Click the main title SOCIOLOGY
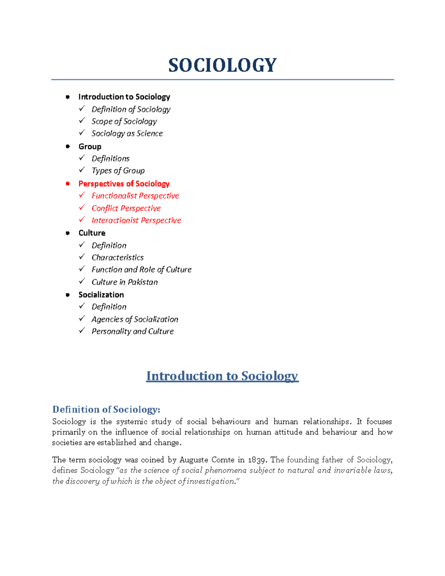click(222, 65)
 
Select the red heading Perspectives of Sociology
click(124, 184)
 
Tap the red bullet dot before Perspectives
click(67, 184)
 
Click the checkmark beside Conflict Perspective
click(82, 208)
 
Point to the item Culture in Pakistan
click(125, 282)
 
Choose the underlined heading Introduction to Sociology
click(222, 376)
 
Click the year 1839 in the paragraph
click(257, 460)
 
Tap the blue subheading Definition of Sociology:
click(106, 409)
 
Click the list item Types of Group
click(118, 171)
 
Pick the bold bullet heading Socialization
click(101, 295)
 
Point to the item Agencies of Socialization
click(135, 319)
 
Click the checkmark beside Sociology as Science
click(82, 133)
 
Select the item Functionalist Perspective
click(135, 196)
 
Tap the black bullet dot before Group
click(67, 147)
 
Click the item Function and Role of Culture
click(141, 270)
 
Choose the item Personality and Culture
click(132, 332)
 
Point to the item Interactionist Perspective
click(136, 221)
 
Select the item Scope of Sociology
click(124, 122)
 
